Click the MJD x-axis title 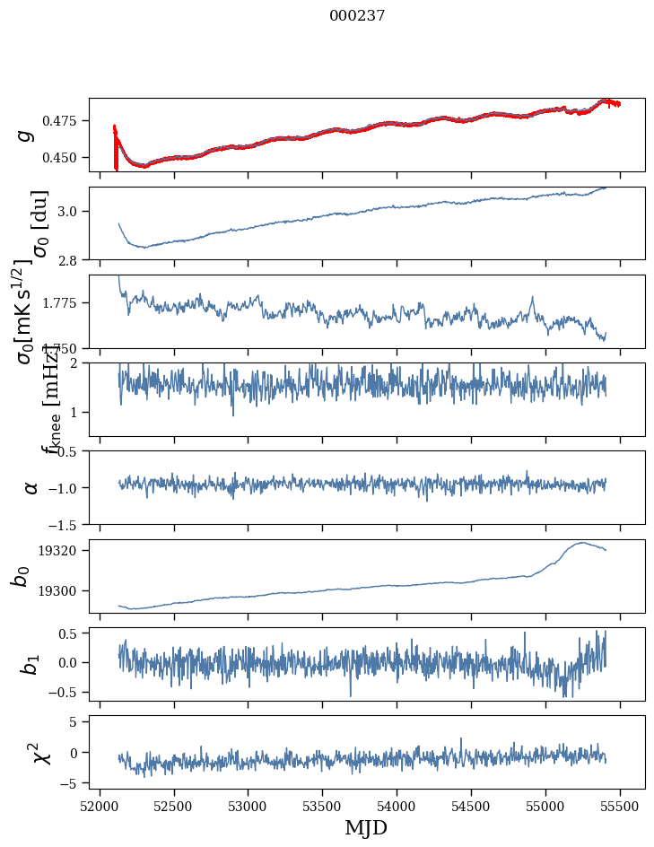365,827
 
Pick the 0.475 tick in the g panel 65,120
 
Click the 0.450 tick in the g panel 65,157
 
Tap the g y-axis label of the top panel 25,135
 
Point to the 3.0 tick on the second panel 73,211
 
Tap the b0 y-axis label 22,576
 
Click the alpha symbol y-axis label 31,487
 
